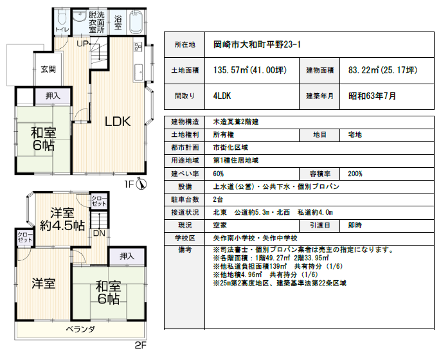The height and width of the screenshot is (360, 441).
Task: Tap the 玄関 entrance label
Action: tap(48, 69)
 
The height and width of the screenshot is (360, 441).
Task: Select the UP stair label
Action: tap(83, 44)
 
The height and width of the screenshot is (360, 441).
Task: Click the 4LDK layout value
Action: tap(222, 96)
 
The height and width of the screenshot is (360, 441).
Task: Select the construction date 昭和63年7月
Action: tap(372, 96)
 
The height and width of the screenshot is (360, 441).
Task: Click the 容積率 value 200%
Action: tap(354, 174)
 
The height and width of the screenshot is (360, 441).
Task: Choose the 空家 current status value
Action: tap(221, 225)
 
